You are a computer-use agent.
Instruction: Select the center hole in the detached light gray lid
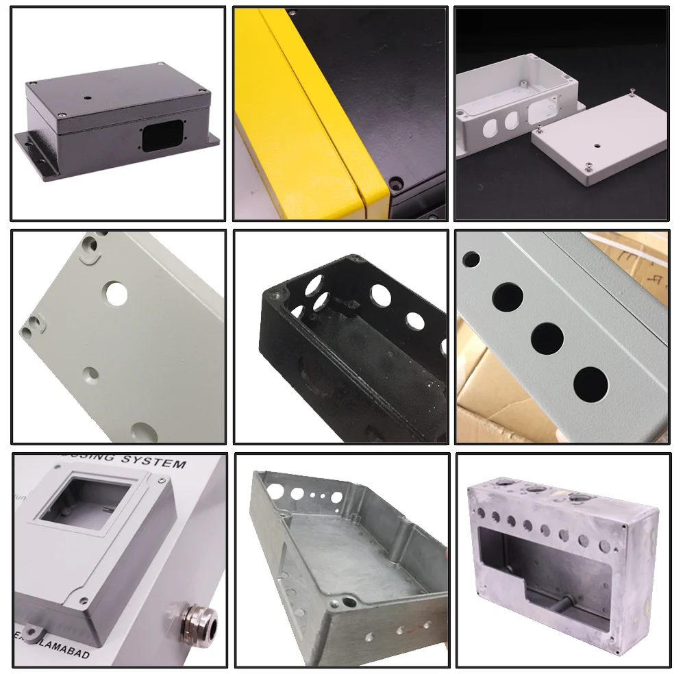(x=598, y=146)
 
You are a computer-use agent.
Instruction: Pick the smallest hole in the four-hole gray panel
(x=471, y=259)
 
